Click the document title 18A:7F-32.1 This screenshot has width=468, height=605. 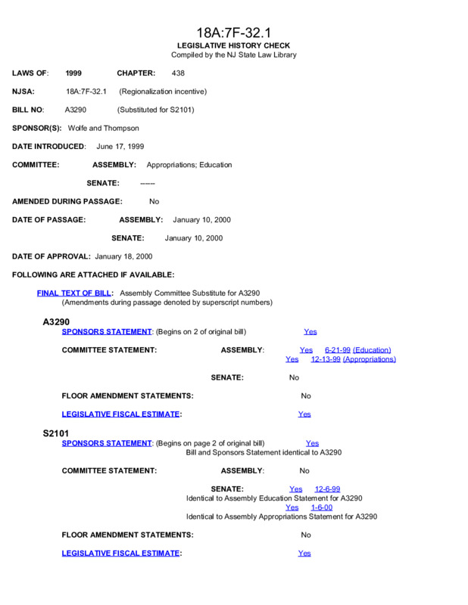pyautogui.click(x=233, y=33)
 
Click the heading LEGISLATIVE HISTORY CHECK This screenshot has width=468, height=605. pyautogui.click(x=233, y=46)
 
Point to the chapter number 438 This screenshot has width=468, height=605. pyautogui.click(x=178, y=73)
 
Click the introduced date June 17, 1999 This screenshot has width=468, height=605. pyautogui.click(x=120, y=146)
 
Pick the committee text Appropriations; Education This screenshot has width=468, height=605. pyautogui.click(x=189, y=165)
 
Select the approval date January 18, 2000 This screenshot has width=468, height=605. pyautogui.click(x=123, y=256)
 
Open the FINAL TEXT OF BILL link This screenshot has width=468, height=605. pyautogui.click(x=75, y=293)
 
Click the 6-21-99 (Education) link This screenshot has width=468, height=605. pyautogui.click(x=358, y=350)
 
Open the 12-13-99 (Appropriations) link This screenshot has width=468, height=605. pyautogui.click(x=354, y=359)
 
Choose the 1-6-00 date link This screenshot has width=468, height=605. pyautogui.click(x=321, y=507)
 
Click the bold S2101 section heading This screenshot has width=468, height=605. pyautogui.click(x=56, y=433)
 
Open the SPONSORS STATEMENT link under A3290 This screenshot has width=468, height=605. pyautogui.click(x=107, y=332)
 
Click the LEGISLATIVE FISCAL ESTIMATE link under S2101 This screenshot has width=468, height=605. pyautogui.click(x=121, y=554)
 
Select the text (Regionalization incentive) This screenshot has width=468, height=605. pyautogui.click(x=163, y=92)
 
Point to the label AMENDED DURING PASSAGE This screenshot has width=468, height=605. pyautogui.click(x=67, y=201)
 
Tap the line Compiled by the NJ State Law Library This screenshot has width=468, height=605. pyautogui.click(x=233, y=55)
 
